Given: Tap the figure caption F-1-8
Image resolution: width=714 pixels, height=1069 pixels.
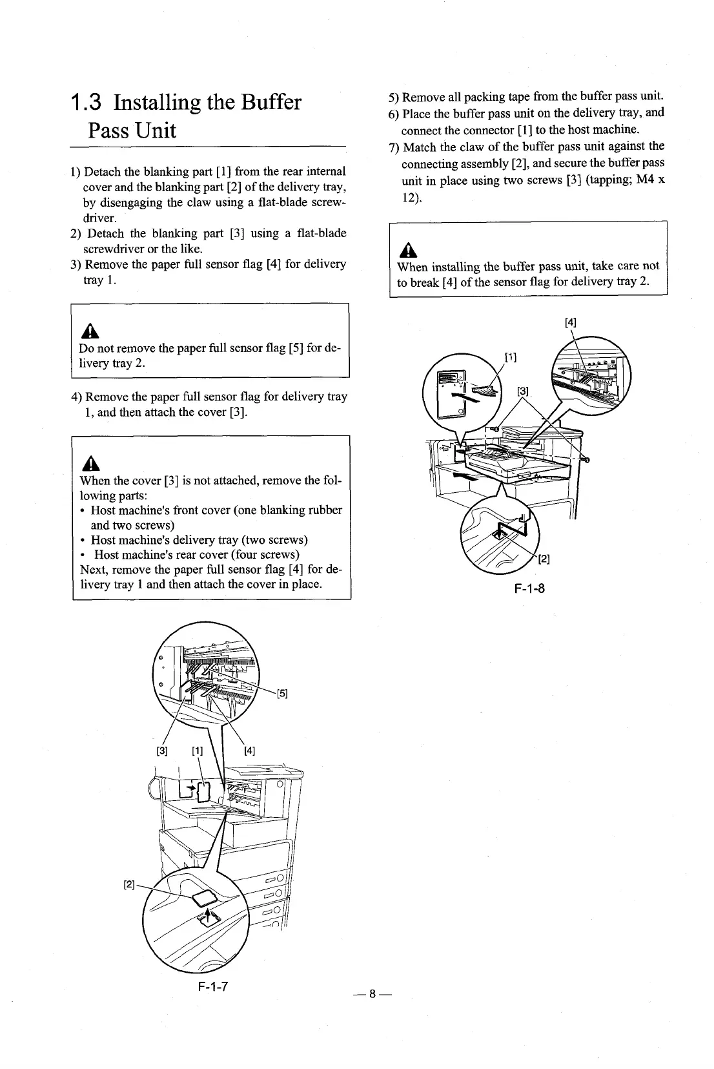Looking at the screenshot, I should click(530, 588).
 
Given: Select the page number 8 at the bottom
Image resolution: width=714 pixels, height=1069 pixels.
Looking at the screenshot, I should click(372, 995).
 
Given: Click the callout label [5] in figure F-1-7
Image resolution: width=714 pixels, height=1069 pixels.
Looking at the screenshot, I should click(282, 694).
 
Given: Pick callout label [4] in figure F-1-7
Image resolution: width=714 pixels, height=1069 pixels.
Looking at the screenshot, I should click(250, 751).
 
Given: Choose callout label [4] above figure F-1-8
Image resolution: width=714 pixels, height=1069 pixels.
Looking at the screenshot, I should click(571, 322).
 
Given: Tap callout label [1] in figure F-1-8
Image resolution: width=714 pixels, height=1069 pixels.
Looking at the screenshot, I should click(510, 357).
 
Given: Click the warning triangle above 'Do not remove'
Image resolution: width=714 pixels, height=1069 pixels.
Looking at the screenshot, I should click(87, 331).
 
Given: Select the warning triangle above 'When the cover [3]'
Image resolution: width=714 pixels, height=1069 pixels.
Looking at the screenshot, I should click(88, 464).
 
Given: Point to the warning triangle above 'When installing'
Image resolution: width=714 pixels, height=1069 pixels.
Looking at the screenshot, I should click(406, 249).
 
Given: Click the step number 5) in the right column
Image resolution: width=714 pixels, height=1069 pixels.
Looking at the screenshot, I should click(394, 98).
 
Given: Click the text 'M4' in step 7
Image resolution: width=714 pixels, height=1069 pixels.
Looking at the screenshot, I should click(646, 180).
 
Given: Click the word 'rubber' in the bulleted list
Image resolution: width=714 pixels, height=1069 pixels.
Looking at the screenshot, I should click(324, 510).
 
